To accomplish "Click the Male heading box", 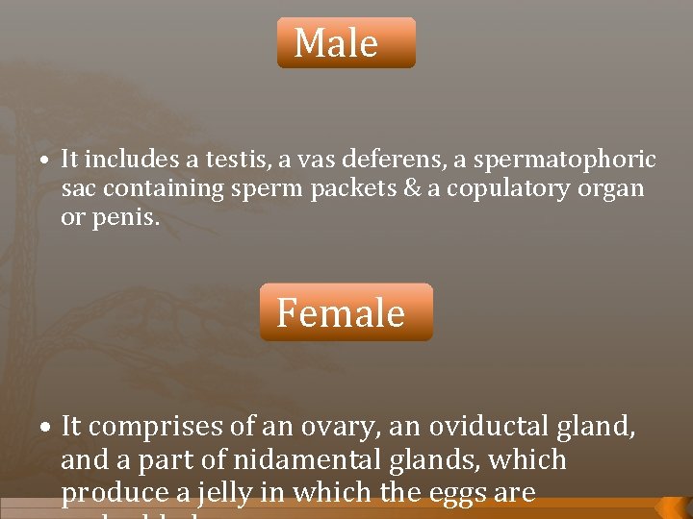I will click(346, 43).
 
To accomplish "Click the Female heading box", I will click(346, 312).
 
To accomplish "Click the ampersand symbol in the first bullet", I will click(411, 188).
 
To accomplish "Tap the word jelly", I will click(248, 494).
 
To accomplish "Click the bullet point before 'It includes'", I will click(46, 161).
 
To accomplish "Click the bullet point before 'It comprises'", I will click(46, 428).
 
